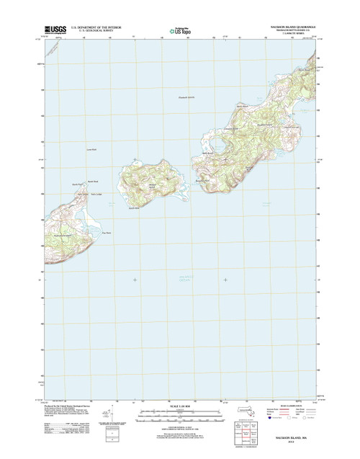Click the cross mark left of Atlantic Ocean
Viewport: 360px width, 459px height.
tap(135, 279)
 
